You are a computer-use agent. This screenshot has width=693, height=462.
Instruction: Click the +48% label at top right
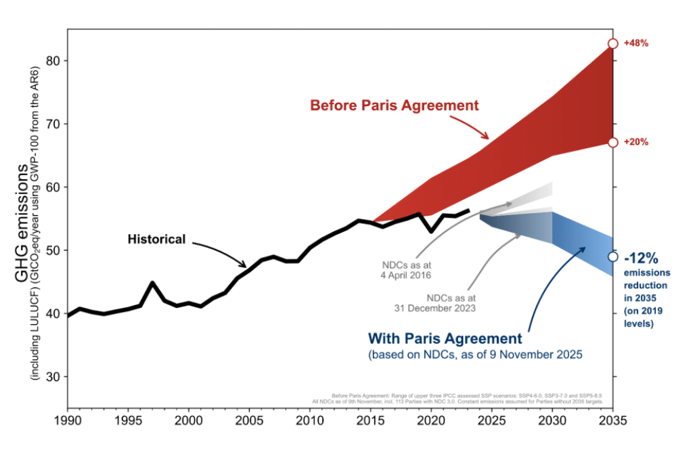(637, 43)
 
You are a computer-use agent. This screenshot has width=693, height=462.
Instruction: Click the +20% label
(637, 142)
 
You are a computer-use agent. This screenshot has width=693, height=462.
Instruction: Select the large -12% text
(642, 258)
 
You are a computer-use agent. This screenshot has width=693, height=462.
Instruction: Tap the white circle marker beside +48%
(612, 43)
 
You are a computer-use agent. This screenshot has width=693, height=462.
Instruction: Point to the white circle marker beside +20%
(612, 142)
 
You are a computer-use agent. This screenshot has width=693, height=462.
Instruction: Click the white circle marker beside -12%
(612, 256)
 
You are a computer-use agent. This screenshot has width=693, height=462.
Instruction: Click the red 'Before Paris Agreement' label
(394, 106)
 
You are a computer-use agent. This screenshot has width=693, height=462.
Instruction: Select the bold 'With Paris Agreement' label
(445, 338)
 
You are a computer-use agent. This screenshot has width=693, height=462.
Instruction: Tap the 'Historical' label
(156, 239)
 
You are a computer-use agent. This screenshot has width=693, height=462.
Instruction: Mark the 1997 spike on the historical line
(152, 283)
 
